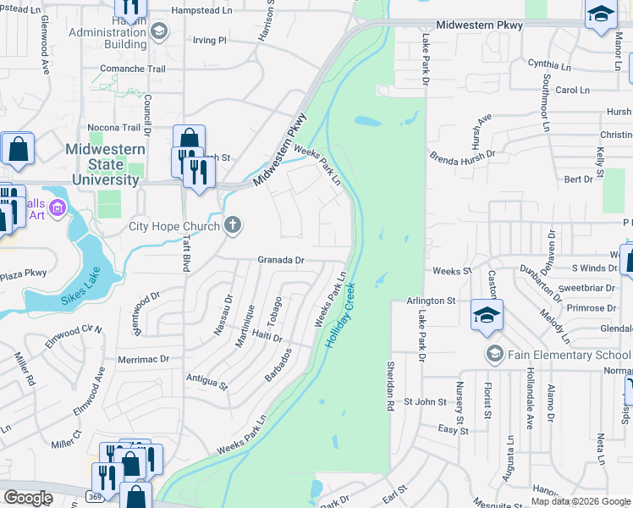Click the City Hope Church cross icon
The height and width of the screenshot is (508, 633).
click(233, 225)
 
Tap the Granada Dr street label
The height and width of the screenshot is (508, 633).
click(281, 261)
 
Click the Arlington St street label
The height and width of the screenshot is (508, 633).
click(431, 301)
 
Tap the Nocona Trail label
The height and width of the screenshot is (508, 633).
click(113, 128)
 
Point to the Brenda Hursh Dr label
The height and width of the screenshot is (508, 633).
click(462, 157)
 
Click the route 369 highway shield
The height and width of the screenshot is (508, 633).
click(99, 493)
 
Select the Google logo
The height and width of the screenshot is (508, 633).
click(29, 498)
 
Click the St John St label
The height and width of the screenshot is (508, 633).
click(424, 401)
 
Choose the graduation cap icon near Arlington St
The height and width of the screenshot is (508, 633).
click(487, 315)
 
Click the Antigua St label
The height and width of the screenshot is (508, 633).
click(206, 383)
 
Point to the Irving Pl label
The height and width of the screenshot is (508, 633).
click(211, 40)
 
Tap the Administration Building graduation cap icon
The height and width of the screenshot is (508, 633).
click(158, 32)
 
